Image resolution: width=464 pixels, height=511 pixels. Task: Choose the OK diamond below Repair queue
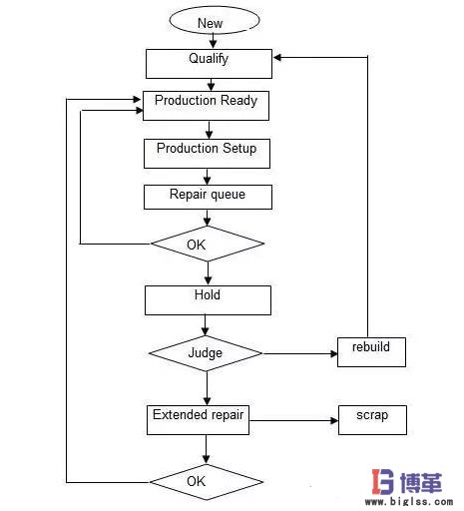[x=207, y=244]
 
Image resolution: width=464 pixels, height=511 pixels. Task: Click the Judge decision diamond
[x=206, y=353]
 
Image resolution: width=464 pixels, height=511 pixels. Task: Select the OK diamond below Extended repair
[x=207, y=482]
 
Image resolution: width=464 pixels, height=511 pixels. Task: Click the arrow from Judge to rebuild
[x=299, y=353]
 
